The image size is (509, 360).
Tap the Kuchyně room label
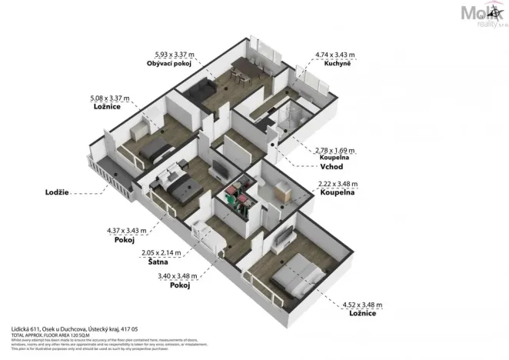pos(338,64)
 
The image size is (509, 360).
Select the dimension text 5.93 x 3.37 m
pos(175,55)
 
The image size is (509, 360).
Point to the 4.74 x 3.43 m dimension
pos(337,55)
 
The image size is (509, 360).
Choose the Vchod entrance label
pos(331,166)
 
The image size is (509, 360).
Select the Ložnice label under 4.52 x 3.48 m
pos(361,314)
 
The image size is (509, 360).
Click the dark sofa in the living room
pos(206,86)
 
